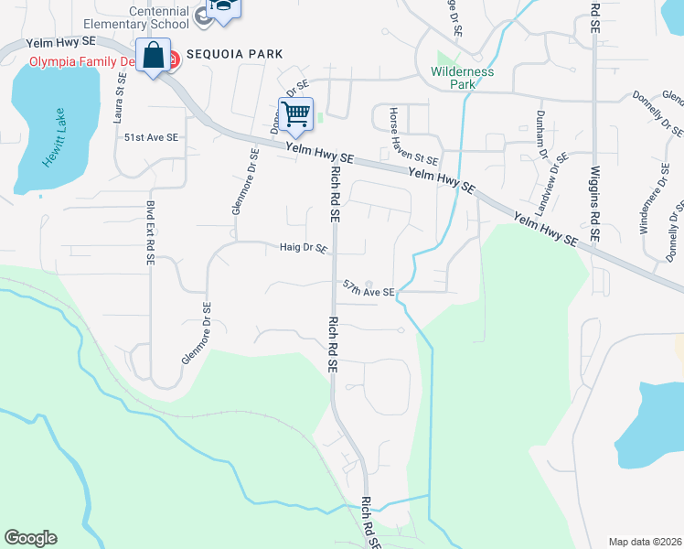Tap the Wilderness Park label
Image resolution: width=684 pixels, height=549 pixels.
(x=462, y=78)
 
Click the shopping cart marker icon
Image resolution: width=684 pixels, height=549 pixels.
(x=295, y=114)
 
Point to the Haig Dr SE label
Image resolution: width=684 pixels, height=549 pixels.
(x=303, y=247)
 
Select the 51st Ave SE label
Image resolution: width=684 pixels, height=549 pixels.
(x=151, y=136)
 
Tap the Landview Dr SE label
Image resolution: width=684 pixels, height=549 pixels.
(x=554, y=181)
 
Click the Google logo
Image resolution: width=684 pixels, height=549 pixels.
(x=31, y=538)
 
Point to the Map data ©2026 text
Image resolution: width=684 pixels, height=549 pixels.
(x=644, y=541)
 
